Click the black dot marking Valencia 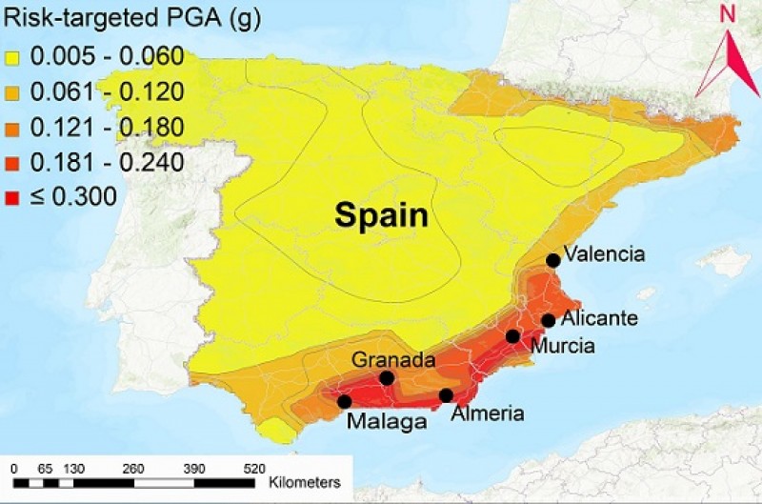552,260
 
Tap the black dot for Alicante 548,320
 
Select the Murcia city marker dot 513,335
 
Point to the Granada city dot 387,378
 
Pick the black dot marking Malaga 344,402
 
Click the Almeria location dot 446,395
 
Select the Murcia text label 563,345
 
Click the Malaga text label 386,422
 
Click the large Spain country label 380,216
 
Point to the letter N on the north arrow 727,15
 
